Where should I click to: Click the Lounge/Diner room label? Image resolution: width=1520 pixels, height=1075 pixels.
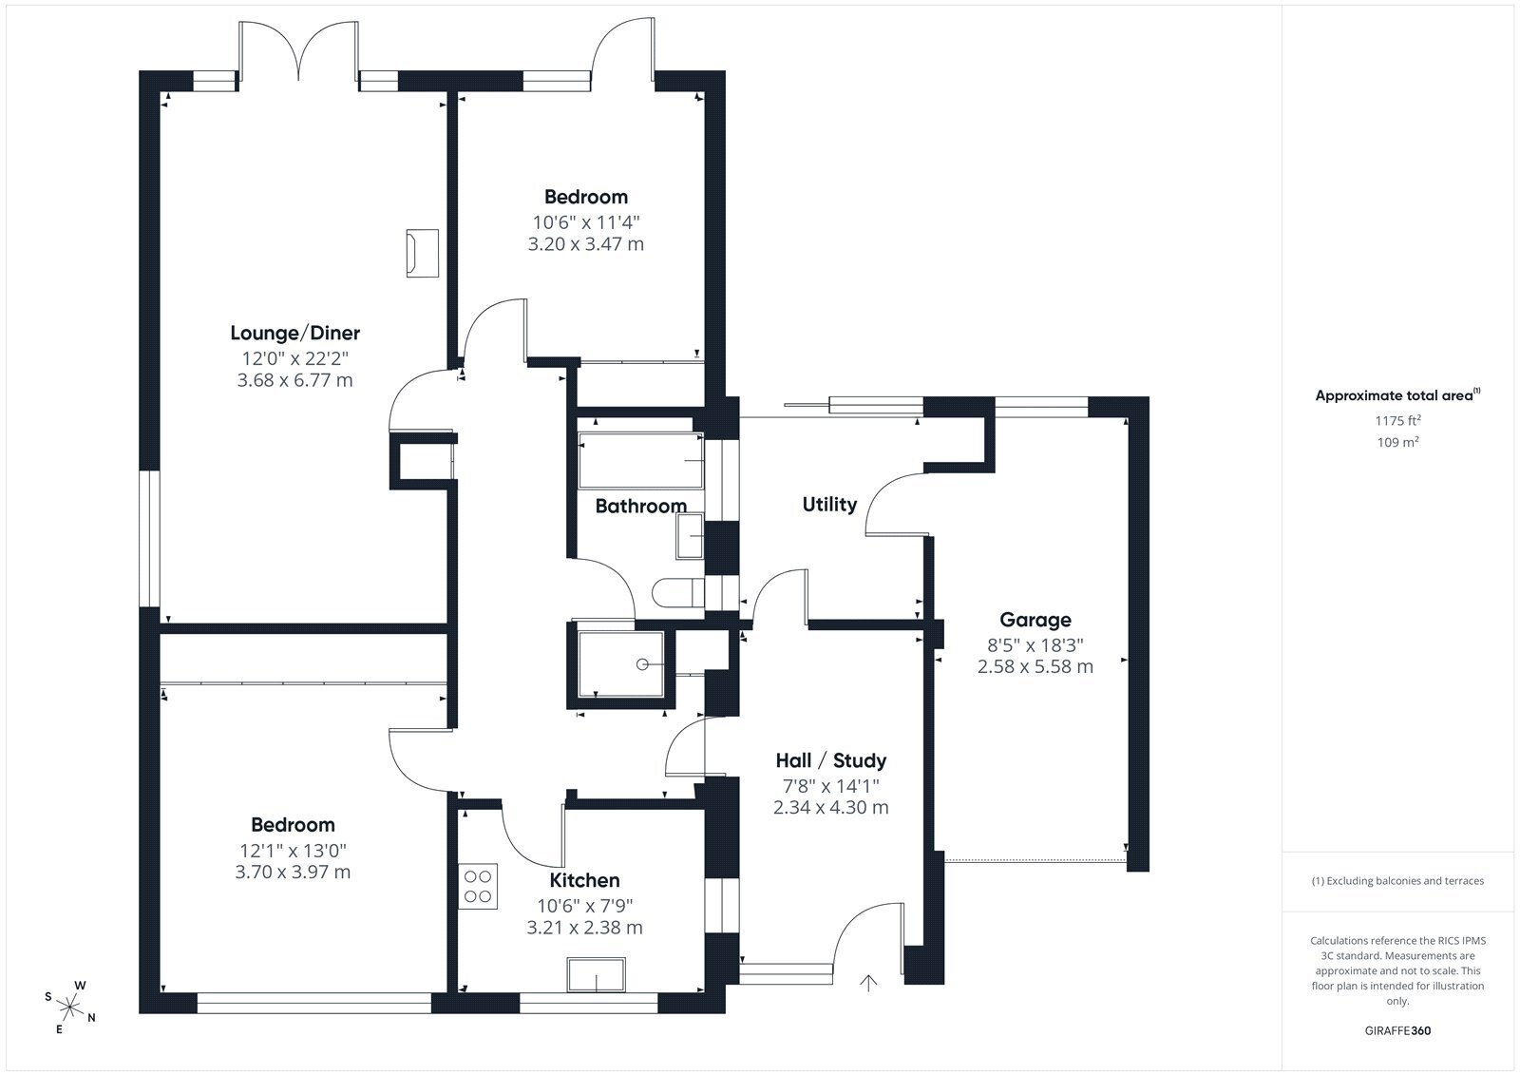[294, 333]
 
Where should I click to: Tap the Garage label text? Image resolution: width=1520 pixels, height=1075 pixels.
[1035, 620]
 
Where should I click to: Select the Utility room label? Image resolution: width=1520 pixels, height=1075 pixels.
[829, 505]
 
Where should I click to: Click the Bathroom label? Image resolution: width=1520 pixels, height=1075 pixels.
[640, 506]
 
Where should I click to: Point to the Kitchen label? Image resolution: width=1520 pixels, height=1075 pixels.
[584, 880]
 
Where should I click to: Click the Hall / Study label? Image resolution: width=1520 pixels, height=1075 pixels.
[830, 760]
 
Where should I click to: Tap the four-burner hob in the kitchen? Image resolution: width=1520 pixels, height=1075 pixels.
[478, 886]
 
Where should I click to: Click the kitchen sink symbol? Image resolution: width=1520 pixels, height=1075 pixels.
[597, 974]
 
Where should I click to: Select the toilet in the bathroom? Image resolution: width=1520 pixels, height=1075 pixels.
[678, 593]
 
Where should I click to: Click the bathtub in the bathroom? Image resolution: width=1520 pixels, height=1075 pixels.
[640, 461]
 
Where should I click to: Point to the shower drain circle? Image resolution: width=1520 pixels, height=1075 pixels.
[642, 664]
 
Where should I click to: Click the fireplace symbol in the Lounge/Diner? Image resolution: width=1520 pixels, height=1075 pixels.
[422, 253]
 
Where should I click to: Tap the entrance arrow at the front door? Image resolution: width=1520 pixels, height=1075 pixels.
[868, 983]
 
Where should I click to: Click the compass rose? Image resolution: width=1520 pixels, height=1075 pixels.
[70, 1007]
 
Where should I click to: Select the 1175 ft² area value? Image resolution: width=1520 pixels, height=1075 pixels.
[1397, 420]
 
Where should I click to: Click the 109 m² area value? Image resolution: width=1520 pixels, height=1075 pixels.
[1397, 442]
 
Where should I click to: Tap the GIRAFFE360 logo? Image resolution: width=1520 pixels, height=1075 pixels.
[1397, 1030]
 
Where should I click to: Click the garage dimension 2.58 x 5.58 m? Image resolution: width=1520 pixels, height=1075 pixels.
[1035, 667]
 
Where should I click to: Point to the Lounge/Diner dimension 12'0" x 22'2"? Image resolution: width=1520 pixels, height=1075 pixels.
[294, 358]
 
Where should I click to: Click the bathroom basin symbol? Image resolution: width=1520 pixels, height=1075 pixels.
[690, 536]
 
